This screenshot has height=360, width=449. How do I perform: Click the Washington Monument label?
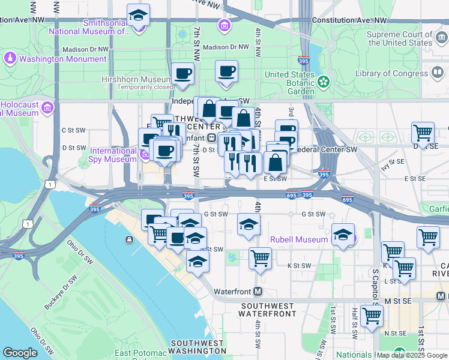[x=62, y=59]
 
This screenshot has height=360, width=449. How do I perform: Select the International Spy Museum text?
[x=113, y=155]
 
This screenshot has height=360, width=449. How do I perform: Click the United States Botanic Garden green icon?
[x=324, y=81]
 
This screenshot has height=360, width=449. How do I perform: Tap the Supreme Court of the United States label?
[x=400, y=38]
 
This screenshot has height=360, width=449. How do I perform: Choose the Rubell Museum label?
[x=299, y=239]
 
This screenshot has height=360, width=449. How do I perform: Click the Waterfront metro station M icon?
[x=258, y=292]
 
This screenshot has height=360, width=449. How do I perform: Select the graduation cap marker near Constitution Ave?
[x=139, y=15]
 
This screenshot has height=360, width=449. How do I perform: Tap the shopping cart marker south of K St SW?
[x=260, y=259]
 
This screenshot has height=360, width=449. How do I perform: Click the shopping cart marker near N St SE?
[x=372, y=314]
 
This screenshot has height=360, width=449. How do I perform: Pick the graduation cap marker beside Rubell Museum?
[x=343, y=235]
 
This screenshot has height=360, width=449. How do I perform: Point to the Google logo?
[x=20, y=353]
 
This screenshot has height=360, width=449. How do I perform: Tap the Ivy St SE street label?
[x=393, y=162]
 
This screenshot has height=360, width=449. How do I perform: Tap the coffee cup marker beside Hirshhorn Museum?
[x=183, y=74]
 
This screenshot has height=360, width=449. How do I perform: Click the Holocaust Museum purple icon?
[x=48, y=108]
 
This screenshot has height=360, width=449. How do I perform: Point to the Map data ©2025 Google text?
[x=411, y=355]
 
